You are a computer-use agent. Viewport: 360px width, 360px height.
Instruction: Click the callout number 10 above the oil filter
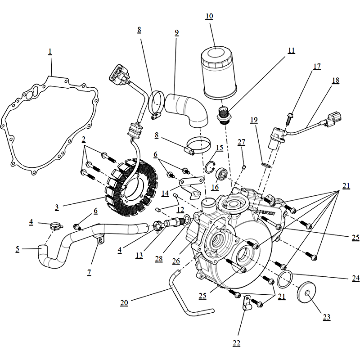pos(209,17)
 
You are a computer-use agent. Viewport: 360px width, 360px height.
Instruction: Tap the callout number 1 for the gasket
pos(50,52)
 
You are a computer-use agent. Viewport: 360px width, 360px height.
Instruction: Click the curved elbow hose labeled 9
pos(187,108)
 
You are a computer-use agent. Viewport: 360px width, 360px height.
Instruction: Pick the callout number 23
pos(326,317)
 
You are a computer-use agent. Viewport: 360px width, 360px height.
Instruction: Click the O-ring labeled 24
pos(284,280)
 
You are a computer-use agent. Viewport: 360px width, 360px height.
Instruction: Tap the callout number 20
pos(124,303)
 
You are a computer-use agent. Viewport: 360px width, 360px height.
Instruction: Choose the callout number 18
pos(335,80)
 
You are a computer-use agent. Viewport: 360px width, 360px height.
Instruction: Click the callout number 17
pos(317,66)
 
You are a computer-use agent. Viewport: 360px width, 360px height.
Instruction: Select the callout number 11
pos(291,50)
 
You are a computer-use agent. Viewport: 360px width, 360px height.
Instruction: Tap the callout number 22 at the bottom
pos(236,343)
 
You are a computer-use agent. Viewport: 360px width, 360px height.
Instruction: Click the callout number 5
pos(17,248)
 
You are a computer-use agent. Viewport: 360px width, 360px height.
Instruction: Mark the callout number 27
pos(242,142)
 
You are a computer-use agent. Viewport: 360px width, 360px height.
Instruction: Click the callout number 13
pos(139,255)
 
